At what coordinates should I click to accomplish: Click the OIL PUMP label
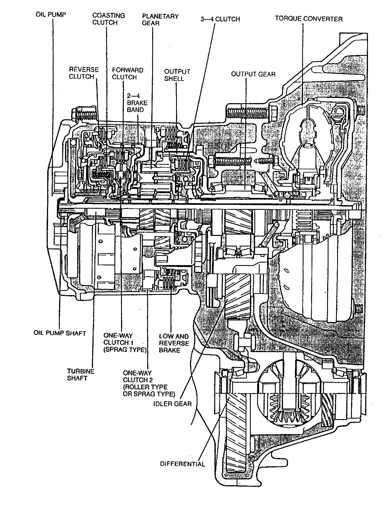51,14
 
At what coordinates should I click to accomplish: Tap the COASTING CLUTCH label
109,19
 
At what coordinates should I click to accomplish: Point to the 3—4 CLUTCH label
220,19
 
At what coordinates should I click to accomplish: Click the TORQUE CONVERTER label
309,19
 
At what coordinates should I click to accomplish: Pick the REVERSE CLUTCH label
84,73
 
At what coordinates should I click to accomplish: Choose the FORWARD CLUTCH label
127,73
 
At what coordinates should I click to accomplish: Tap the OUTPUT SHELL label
177,75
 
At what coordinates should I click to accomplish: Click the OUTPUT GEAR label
253,74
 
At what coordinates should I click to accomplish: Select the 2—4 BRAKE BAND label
137,103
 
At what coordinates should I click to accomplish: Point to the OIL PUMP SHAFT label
59,333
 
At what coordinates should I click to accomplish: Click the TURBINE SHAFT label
81,375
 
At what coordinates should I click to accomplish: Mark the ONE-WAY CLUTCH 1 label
125,342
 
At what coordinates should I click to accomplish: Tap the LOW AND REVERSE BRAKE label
174,343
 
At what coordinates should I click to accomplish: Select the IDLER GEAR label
172,403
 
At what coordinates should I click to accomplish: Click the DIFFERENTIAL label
182,464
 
